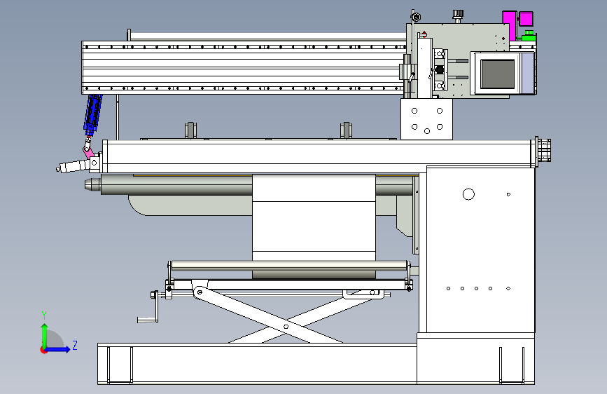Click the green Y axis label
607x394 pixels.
(x=44, y=315)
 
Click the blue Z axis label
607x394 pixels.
(x=75, y=345)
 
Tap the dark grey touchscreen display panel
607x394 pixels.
(x=498, y=74)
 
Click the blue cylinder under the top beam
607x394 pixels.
(x=93, y=113)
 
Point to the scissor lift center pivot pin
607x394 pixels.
(x=286, y=327)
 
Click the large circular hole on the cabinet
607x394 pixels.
(x=468, y=194)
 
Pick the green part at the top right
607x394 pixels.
(x=529, y=36)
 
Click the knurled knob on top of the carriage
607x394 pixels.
(x=458, y=15)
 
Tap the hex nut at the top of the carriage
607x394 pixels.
(x=416, y=17)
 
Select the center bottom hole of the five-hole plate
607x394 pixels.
(x=427, y=132)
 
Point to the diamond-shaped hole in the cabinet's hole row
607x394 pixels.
(x=508, y=289)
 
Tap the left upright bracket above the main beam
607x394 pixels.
(x=190, y=130)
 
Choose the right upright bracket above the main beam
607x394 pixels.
(x=346, y=130)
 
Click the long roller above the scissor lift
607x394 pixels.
(x=289, y=265)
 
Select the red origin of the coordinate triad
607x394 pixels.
(x=43, y=350)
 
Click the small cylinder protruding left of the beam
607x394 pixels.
(x=72, y=166)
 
